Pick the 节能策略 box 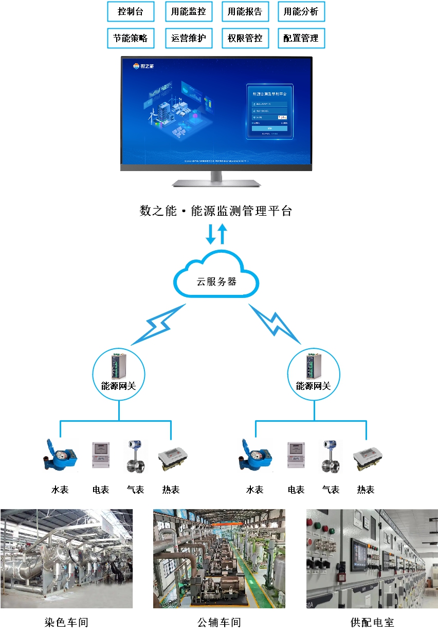[131, 38]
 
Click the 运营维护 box [189, 38]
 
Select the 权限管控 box [245, 38]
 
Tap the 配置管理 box [301, 38]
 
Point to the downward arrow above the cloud [211, 234]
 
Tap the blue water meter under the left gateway [60, 455]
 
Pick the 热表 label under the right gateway [366, 490]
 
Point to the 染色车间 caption [67, 623]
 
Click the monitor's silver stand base [216, 182]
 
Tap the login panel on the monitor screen [270, 112]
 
